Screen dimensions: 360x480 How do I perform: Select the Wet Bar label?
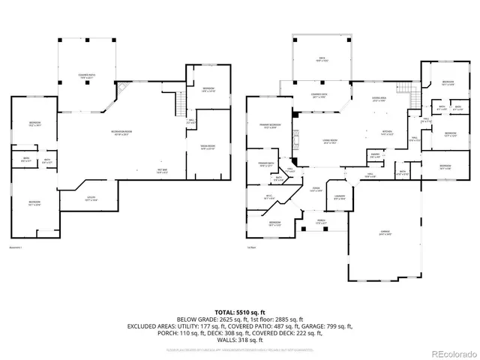tap(161, 169)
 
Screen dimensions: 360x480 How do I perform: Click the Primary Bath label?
tap(266, 164)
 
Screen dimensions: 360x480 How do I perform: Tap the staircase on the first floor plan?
tap(409, 95)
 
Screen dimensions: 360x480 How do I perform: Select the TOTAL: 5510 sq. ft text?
tap(239, 310)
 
